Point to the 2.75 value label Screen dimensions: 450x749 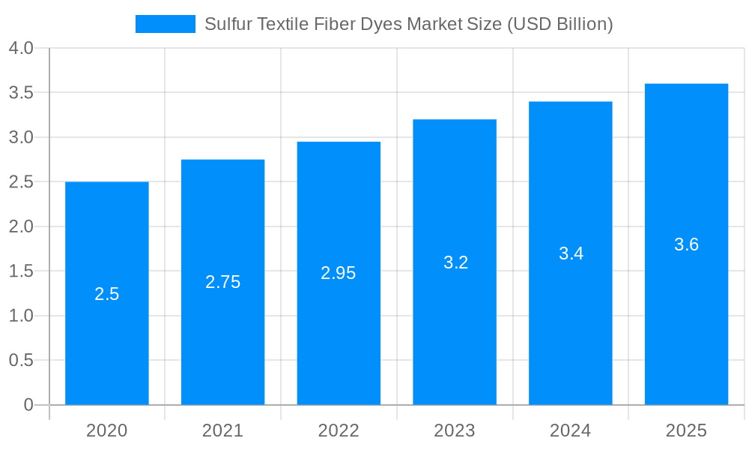(x=222, y=282)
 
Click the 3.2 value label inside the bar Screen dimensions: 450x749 (x=455, y=262)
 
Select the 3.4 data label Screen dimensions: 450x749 (x=571, y=253)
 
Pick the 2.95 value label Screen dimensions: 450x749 (x=339, y=273)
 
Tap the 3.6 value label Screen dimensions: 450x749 (x=686, y=244)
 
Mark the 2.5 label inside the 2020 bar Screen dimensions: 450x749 (x=106, y=294)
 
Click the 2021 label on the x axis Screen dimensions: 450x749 (x=222, y=430)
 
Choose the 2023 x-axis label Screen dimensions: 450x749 (x=455, y=430)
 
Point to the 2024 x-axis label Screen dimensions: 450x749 (x=570, y=430)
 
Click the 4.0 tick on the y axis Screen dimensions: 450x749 (x=21, y=48)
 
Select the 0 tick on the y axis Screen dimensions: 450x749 (x=28, y=405)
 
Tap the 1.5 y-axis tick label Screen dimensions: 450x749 (x=21, y=271)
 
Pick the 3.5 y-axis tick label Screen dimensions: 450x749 (x=21, y=93)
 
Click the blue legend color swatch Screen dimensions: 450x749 (x=165, y=24)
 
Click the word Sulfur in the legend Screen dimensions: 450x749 (x=228, y=24)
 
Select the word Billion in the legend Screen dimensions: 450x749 (x=585, y=24)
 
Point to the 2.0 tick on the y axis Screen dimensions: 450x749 (x=21, y=226)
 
